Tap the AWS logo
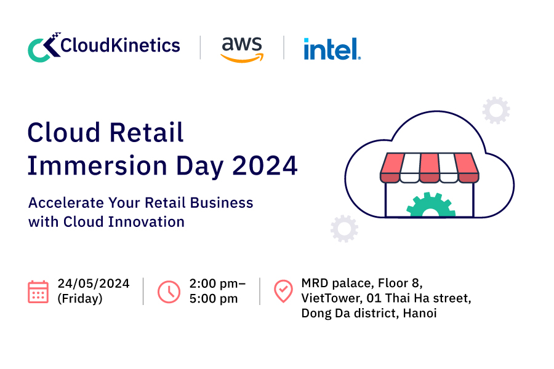pos(242,49)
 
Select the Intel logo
pos(332,49)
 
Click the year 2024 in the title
pos(265,165)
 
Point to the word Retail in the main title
pos(147,132)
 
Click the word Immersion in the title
pos(97,165)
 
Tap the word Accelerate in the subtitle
pos(66,203)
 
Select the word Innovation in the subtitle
pos(147,222)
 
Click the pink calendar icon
pos(38,292)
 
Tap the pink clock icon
pos(169,292)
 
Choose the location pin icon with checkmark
pos(283,292)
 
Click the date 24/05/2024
pos(94,284)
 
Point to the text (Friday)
pos(80,299)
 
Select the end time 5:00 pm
pos(214,299)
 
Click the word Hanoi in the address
pos(420,313)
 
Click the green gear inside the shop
pos(431,204)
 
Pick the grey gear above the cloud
pos(496,111)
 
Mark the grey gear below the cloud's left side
pos(344,228)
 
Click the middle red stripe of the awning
pos(429,168)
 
